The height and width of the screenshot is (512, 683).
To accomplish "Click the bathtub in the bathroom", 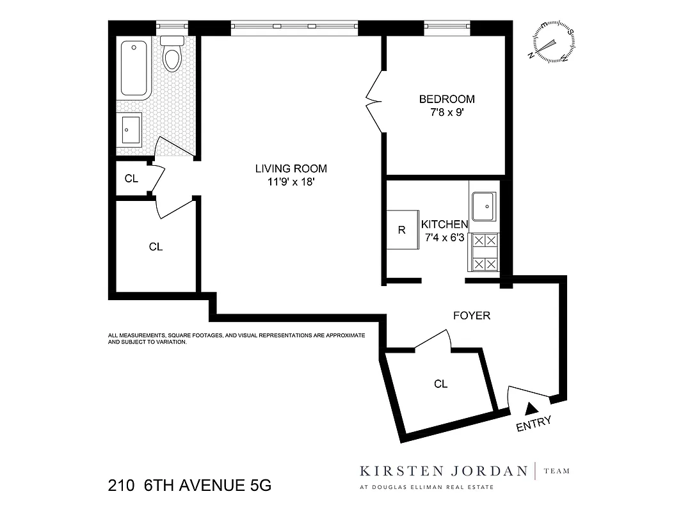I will point(134,68).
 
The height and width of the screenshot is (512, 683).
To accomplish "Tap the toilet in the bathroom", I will point(172,54).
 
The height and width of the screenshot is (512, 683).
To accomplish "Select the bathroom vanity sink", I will point(131,130).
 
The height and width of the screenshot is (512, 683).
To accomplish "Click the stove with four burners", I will point(485,252).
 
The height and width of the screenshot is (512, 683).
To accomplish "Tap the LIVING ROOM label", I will point(291,169).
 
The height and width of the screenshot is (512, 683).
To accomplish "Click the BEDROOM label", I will point(447,99).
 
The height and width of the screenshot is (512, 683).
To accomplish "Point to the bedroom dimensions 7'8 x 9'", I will point(447,112).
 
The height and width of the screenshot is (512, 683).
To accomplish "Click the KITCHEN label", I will point(444,225).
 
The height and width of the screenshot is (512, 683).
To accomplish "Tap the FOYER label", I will point(471,316).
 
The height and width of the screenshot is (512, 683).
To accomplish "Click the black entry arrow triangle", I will point(530,408).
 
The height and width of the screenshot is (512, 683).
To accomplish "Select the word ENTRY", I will point(534,424).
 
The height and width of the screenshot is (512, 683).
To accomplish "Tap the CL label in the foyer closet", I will point(440,384).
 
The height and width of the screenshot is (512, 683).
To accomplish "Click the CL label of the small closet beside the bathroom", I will point(131,179).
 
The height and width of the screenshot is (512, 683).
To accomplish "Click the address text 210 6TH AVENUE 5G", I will point(189,486).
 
